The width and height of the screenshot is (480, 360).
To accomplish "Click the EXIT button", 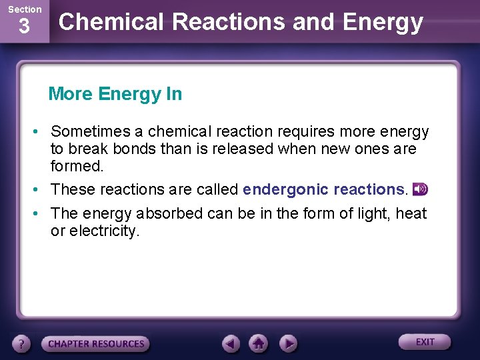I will coord(425,342).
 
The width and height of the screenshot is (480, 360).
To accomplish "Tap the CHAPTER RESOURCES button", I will coord(96,344).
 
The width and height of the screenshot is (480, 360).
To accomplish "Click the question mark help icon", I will coord(22,344).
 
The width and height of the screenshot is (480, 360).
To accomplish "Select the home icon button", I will coord(259,344).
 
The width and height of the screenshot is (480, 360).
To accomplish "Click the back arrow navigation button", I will coord(231,344).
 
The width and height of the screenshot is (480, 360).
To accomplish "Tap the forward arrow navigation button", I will coord(287,344).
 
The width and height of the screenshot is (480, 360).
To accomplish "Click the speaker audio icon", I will coord(420,189).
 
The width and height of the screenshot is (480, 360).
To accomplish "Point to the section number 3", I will coord(24,27).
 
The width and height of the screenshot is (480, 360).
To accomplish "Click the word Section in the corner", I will coord(24,9).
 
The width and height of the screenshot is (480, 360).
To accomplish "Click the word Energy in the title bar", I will coord(383,22).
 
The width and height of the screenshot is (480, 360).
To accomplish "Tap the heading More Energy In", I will coord(115,94).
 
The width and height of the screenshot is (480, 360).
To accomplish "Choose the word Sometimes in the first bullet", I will coord(96,131).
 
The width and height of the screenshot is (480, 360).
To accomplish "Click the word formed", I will coord(77,165).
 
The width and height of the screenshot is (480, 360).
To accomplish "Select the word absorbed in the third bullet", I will coord(171,213).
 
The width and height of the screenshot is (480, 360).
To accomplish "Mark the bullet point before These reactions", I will coord(40,189).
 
